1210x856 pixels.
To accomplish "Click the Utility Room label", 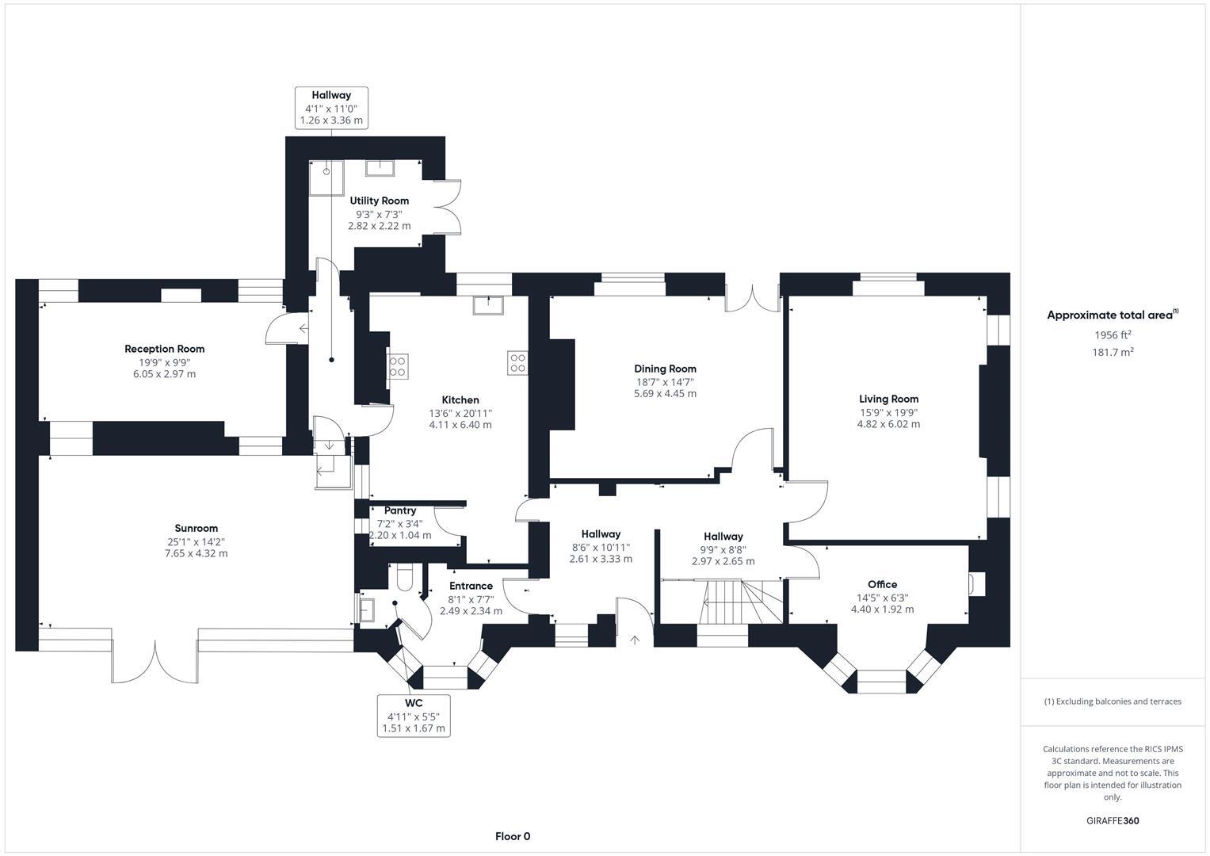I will click(379, 201).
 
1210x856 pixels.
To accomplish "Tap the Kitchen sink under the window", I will click(488, 305).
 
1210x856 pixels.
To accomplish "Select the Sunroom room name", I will click(196, 529).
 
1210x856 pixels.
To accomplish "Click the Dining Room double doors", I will click(753, 296).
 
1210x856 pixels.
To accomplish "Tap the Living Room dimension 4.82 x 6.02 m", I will click(888, 424).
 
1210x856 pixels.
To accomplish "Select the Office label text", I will click(882, 585).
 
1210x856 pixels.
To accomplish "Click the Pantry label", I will click(400, 511).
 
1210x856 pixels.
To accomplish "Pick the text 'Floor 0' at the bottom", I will click(513, 836).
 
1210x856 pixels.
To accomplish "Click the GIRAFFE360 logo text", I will click(1112, 820).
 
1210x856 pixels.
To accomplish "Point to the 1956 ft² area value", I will click(1113, 334).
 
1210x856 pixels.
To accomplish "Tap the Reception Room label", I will click(164, 349).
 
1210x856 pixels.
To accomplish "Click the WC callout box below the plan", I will click(414, 716).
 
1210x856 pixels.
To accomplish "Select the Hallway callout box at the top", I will click(331, 108).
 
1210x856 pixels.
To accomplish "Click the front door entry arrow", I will click(634, 639).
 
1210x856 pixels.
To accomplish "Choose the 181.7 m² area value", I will click(1113, 352).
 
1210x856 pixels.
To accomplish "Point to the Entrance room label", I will click(471, 586).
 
